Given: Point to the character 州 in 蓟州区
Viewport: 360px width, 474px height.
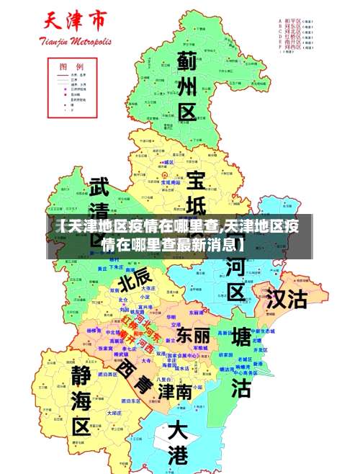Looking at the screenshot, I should [x=187, y=87].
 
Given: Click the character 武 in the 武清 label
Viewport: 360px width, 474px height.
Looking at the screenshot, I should [x=99, y=188].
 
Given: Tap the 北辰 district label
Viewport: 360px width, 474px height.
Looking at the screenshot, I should [x=135, y=276].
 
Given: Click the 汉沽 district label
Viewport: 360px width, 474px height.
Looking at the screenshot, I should [x=287, y=298].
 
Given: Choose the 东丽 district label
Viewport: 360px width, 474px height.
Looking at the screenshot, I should [x=193, y=335].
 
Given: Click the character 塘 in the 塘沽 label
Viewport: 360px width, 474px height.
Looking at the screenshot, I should [x=242, y=338].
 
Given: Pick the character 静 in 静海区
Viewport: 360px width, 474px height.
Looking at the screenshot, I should [x=81, y=373].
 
